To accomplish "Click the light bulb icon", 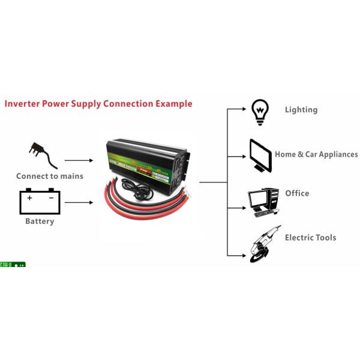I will pos(259,112).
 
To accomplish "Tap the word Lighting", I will pos(301,110).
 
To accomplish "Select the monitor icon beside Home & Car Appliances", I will pos(260,155).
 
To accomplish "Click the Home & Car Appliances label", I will pos(316,154).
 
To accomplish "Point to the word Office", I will pos(297,193).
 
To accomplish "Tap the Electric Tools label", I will pos(310,238).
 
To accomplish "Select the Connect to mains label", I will pos(50,176).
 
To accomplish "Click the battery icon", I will pos(40,202).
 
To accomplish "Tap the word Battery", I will pos(40,221).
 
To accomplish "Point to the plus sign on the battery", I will pos(29,197).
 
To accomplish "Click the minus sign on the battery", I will pos(51,197).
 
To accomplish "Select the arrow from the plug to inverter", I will pos(79,161).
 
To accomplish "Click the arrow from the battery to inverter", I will pos(79,202).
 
